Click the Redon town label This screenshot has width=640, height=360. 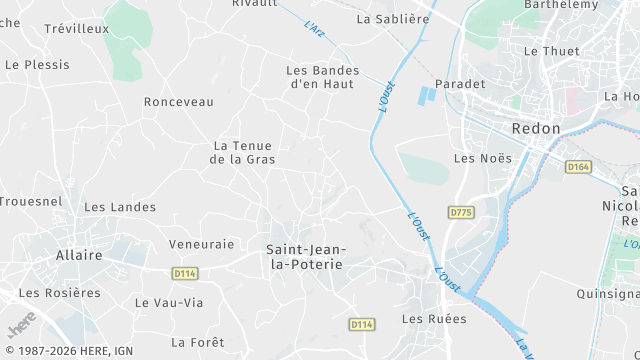535,128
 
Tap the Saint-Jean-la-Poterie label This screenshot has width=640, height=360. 305,256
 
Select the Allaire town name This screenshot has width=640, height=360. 79,255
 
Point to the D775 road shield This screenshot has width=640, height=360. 460,212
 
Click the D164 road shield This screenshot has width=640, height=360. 578,167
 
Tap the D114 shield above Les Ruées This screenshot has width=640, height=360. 362,325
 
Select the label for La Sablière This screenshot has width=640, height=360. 392,18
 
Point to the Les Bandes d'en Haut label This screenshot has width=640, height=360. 323,77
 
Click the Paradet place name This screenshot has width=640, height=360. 460,84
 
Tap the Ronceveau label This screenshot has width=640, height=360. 179,102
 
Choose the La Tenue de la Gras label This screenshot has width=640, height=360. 244,152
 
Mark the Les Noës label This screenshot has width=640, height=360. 482,158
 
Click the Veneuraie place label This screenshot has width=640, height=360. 201,243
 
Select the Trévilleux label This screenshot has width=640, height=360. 76,29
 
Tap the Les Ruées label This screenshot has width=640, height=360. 434,319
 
